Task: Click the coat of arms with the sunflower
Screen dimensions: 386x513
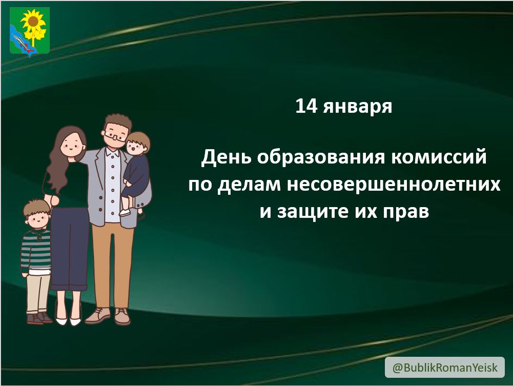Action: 30,31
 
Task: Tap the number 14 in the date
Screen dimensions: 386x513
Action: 306,106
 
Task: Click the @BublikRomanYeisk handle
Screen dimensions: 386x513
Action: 444,368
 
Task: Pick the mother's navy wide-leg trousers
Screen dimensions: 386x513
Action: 70,246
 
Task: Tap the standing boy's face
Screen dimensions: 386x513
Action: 37,218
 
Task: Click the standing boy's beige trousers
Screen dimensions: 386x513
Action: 38,292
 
